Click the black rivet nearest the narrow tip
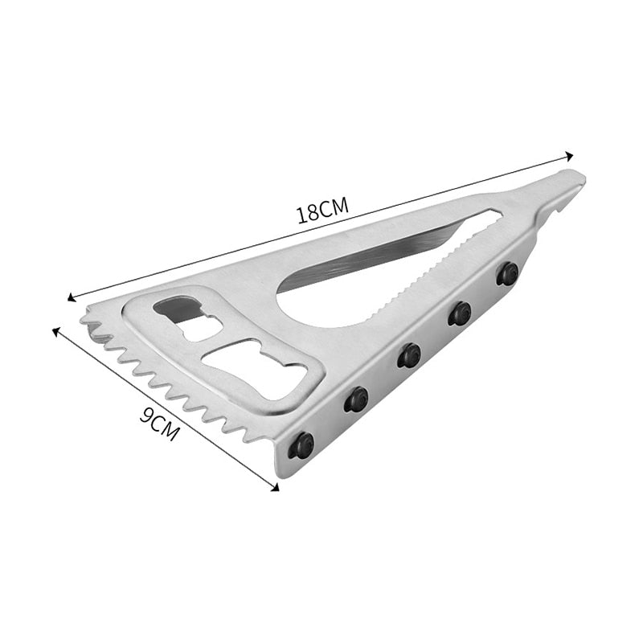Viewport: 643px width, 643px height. tap(507, 273)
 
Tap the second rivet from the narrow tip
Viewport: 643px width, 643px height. tap(460, 313)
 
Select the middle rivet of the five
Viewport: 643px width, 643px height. tap(409, 354)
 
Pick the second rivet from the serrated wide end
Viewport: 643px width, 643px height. tap(356, 399)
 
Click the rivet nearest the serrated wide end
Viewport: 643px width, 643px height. tap(302, 444)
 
